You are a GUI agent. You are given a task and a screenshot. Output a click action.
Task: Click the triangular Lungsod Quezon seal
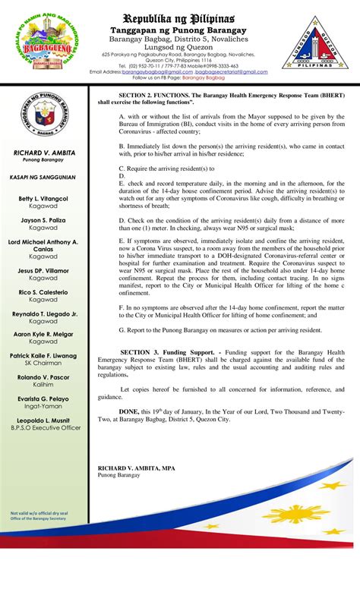tap(318, 46)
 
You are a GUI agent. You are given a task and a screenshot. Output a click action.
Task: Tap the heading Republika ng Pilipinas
tap(179, 17)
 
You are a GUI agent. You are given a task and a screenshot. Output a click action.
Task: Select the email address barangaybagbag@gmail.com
tap(153, 71)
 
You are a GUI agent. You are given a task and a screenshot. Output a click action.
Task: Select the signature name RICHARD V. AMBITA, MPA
tap(136, 468)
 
